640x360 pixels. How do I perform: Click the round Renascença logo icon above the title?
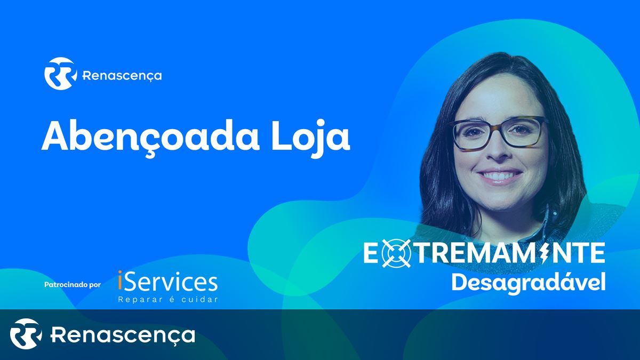60,74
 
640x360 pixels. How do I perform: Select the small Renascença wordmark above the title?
122,76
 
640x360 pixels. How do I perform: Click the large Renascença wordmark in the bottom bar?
123,335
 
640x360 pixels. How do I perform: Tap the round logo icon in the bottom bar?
26,334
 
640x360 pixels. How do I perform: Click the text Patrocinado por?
73,285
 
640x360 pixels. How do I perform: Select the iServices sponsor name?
167,281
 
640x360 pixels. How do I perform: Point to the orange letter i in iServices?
120,281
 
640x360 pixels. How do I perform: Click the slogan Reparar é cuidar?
168,299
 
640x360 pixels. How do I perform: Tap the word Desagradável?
529,283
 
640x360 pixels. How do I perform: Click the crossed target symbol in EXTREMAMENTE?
396,253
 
